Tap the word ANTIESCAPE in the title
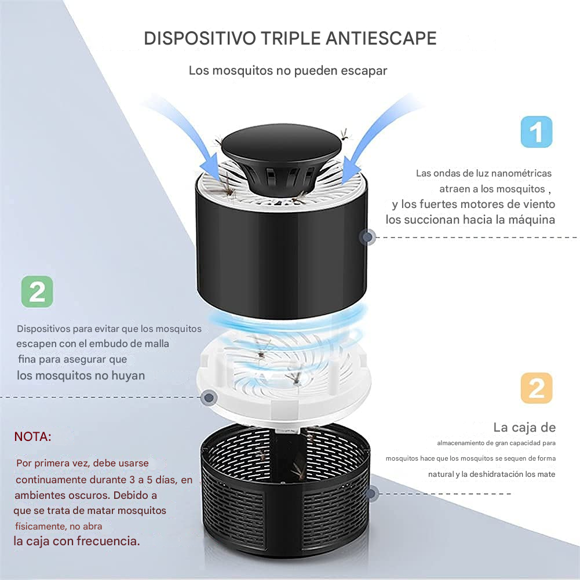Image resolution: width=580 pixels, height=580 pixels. [x=381, y=38]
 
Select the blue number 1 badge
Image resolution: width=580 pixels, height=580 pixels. [x=537, y=132]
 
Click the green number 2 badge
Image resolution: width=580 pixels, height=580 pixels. [x=37, y=291]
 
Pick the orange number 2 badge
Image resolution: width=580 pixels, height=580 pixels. [x=537, y=388]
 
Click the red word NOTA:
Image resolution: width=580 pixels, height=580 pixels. [x=32, y=437]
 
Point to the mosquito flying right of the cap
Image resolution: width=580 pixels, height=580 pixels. [x=345, y=134]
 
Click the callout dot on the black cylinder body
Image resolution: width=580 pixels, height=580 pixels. [x=368, y=237]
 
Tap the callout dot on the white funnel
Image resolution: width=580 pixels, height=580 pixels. [x=209, y=397]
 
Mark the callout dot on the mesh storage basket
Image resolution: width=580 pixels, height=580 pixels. [x=371, y=494]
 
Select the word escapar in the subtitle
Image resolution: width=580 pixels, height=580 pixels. [x=364, y=71]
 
